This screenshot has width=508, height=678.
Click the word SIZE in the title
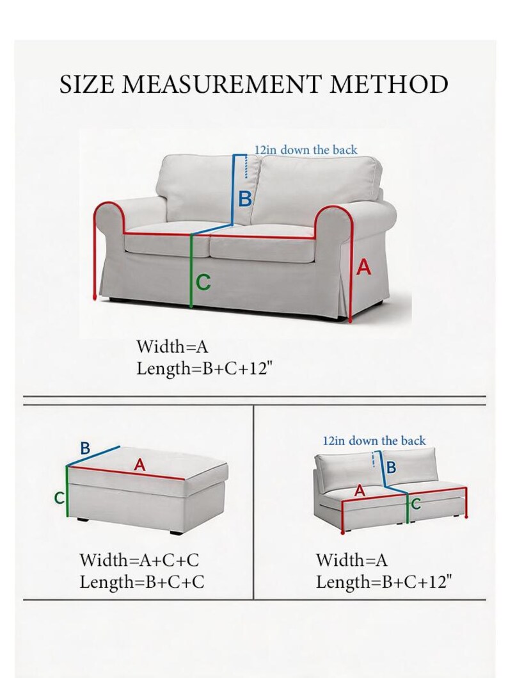[x=88, y=85]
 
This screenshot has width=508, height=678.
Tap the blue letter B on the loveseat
[x=245, y=200]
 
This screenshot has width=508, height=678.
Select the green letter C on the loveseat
[x=203, y=282]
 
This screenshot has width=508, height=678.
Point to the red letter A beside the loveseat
[x=363, y=267]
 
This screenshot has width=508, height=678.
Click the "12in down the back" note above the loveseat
[x=305, y=150]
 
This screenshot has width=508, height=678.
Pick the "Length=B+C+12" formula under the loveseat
[x=205, y=369]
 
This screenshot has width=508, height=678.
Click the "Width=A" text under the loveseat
[x=172, y=346]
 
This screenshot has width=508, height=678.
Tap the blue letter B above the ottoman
[x=85, y=448]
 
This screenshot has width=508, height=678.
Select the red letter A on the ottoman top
[x=139, y=465]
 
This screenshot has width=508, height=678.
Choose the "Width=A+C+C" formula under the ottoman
[x=139, y=560]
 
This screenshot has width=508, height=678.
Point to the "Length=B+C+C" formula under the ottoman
[x=141, y=582]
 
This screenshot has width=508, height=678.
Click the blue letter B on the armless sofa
[x=391, y=467]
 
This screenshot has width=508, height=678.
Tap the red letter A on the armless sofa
[x=360, y=491]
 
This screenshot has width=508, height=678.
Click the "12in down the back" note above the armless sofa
[x=374, y=440]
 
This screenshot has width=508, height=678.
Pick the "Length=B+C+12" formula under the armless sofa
[x=384, y=582]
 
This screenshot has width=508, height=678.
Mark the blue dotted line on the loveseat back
[x=246, y=166]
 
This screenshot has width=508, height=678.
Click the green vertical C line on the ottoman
[x=67, y=492]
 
